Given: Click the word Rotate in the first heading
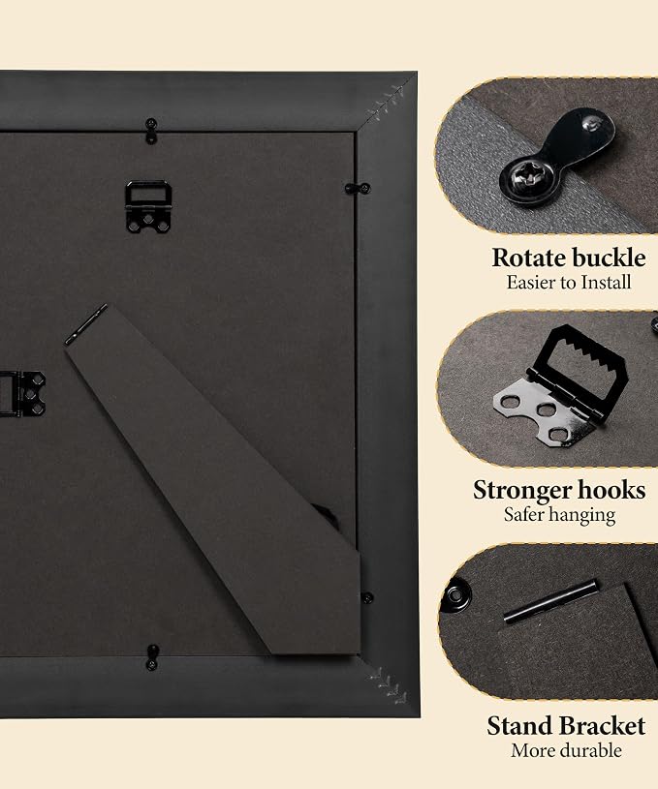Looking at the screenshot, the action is coord(528,258).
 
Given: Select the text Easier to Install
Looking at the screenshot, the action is coord(568,283).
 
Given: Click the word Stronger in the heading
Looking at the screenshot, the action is coord(521,490).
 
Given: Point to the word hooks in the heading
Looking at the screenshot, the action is coord(611,489).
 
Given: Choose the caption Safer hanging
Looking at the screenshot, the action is coord(560,515).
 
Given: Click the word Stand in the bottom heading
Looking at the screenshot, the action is coord(517,726).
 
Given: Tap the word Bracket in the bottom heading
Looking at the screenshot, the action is coord(601,726).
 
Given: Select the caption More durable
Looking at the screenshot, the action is coord(566,750).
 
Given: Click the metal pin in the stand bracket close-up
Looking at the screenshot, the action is coord(550,601).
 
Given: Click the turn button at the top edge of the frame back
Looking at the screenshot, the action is coord(150,131).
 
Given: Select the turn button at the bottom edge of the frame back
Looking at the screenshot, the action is coord(152,657).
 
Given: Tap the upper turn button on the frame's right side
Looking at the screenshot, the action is coord(358,189).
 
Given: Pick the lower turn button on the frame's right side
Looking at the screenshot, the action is coord(367,598).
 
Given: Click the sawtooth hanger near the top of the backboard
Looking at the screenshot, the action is coord(148,207).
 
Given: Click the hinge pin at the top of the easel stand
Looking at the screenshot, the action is coord(86,324).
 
